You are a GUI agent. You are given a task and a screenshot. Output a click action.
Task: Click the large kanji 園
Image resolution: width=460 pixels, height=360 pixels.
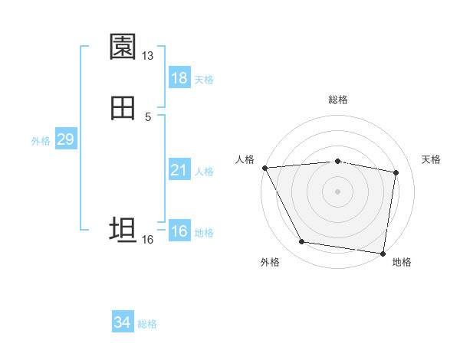coord(123,47)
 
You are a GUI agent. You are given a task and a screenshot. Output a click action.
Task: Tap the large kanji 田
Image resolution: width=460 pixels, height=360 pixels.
coord(123,109)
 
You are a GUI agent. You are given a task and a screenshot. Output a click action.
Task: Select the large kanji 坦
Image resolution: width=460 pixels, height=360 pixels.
coord(123,230)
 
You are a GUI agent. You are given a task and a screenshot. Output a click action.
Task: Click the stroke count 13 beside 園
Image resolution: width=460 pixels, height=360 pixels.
coord(147,56)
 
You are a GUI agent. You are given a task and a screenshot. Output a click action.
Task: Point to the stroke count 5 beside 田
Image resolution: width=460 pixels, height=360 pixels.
coord(147,117)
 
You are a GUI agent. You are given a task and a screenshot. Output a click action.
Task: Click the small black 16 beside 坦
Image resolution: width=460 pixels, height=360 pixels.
coord(147,240)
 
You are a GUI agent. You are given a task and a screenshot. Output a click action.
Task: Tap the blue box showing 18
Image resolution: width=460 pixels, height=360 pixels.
coord(179,78)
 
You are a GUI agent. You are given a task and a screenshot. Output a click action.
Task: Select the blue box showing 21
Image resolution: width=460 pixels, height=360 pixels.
coord(179,170)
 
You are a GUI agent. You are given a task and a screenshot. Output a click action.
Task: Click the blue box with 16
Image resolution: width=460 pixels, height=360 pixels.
coord(179,231)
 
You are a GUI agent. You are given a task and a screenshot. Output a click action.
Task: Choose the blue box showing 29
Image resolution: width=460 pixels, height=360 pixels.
coord(65,139)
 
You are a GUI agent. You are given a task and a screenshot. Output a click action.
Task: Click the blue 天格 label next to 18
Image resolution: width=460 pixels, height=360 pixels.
coord(204,79)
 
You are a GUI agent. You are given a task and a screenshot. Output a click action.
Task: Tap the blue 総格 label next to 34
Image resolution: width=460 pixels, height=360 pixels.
coord(147,324)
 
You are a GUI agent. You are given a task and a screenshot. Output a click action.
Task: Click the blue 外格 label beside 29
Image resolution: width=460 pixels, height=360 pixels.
coord(41,141)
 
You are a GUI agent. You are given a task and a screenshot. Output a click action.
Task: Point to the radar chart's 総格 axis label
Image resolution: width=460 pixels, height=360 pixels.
coord(338,100)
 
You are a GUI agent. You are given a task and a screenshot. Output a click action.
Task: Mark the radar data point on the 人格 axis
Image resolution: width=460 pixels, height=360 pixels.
coord(264,168)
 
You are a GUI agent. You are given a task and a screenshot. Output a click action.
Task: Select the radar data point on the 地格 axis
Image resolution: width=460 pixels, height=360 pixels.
coord(383,253)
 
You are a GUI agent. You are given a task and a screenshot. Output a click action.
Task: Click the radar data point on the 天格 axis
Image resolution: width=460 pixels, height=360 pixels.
coord(396,172)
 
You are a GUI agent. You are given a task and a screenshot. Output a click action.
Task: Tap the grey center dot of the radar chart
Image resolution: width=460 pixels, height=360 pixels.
coord(338,191)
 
